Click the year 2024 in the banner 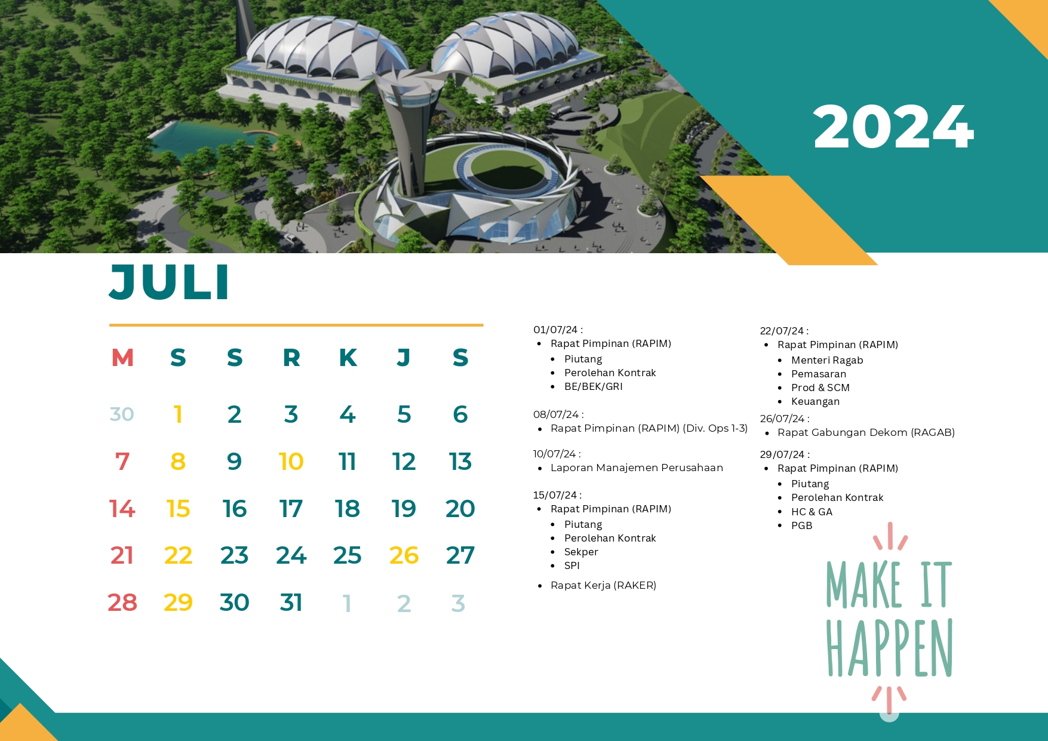pos(893,127)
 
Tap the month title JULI pos(170,282)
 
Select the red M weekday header pos(122,358)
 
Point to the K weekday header pos(348,358)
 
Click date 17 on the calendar pos(291,509)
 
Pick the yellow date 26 pos(404,555)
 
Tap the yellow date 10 pos(291,462)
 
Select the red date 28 pos(122,602)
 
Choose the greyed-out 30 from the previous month pos(122,414)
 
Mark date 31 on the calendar pos(291,602)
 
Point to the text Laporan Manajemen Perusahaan pos(637,468)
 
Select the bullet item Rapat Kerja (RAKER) pos(603,585)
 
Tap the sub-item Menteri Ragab pos(827,360)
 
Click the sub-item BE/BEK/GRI pos(594,386)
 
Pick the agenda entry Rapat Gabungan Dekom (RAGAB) pos(866,432)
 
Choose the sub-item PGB pos(801,525)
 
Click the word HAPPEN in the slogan pos(889,648)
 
